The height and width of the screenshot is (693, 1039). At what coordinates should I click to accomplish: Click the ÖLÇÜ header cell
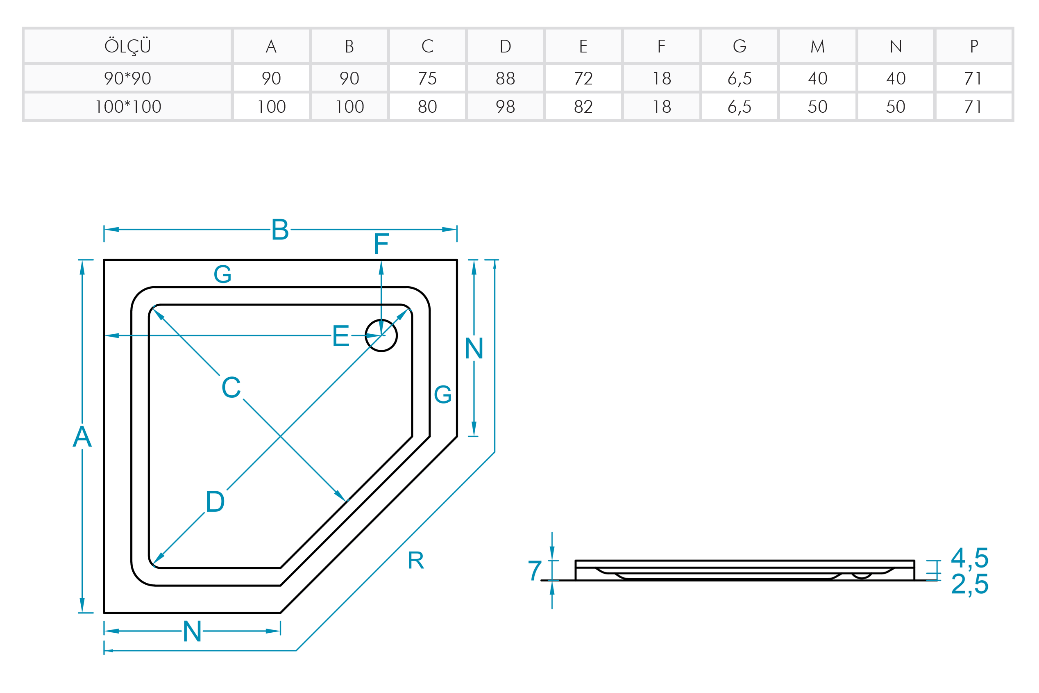click(127, 46)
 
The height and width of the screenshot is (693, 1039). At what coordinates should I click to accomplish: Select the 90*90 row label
click(127, 78)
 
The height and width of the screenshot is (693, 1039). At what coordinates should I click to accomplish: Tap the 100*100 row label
click(127, 107)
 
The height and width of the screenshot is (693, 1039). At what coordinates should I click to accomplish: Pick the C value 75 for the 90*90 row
click(427, 78)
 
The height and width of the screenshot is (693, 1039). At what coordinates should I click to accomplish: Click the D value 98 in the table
click(505, 107)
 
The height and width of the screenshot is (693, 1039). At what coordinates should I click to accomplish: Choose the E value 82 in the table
click(583, 107)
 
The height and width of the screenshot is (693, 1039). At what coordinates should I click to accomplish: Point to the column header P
click(973, 46)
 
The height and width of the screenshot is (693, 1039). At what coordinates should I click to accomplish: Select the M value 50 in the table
click(817, 107)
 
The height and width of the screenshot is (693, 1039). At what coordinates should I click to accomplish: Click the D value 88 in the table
click(505, 78)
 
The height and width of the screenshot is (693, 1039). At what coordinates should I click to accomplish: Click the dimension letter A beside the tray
click(82, 437)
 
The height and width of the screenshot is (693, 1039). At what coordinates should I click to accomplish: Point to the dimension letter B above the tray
click(280, 230)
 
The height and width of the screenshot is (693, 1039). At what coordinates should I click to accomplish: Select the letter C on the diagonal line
click(231, 388)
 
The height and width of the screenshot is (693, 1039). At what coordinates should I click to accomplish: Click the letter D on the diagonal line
click(215, 502)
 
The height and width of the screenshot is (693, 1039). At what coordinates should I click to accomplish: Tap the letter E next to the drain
click(340, 336)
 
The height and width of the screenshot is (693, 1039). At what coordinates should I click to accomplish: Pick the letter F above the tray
click(381, 244)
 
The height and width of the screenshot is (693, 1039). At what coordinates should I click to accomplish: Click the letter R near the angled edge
click(415, 561)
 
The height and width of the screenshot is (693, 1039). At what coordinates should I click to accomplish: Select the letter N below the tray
click(192, 631)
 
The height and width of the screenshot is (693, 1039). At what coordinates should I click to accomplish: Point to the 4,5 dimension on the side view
click(970, 558)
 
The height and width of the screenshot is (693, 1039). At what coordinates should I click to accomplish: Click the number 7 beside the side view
click(535, 570)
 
